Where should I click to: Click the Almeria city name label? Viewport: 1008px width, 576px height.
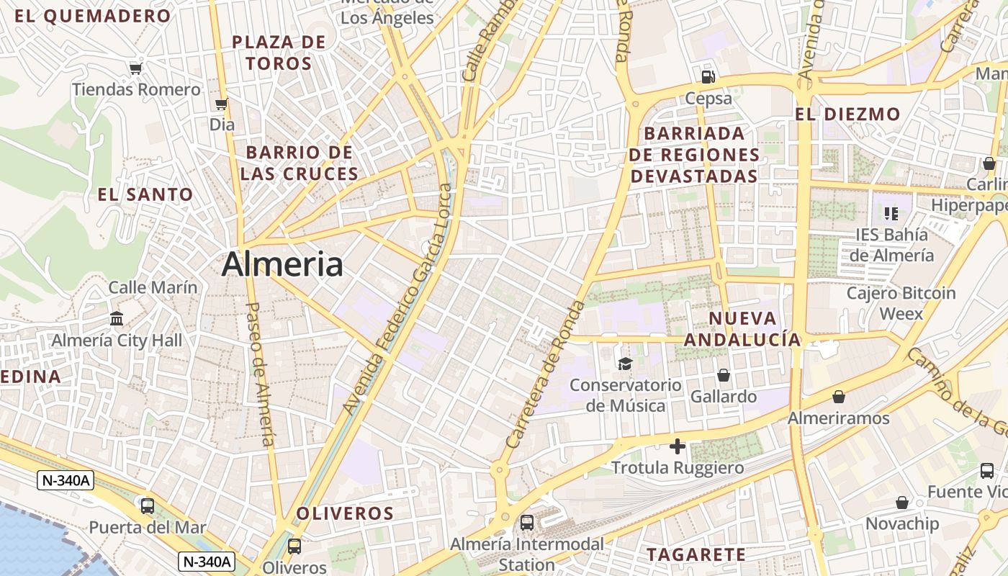click(x=282, y=264)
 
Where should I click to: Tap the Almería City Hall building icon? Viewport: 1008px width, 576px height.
click(x=117, y=318)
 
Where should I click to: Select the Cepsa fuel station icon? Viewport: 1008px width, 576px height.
click(x=708, y=76)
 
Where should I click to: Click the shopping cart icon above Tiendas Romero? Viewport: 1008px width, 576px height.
click(x=135, y=68)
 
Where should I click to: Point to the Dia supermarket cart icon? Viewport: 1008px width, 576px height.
click(x=222, y=104)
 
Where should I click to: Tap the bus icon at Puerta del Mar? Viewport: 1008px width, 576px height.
click(x=148, y=505)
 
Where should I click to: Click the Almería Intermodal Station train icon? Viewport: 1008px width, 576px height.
click(x=527, y=523)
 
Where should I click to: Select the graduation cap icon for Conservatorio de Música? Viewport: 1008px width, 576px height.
click(x=625, y=364)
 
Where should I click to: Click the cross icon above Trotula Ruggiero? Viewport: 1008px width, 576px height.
click(x=677, y=446)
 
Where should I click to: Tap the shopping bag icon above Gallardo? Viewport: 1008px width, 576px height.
click(x=724, y=375)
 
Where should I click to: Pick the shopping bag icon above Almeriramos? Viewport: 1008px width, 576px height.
click(x=839, y=397)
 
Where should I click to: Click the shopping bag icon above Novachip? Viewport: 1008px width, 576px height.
click(x=902, y=503)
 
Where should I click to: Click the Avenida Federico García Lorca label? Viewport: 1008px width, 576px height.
click(x=399, y=299)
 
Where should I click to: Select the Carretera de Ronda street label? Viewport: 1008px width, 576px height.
click(x=546, y=374)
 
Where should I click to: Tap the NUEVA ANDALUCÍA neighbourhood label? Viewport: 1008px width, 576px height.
click(x=743, y=329)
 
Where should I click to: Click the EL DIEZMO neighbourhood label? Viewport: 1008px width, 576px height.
click(x=847, y=114)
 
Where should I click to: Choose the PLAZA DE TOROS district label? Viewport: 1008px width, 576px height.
click(x=279, y=53)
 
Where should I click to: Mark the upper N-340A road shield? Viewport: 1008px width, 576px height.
click(x=66, y=481)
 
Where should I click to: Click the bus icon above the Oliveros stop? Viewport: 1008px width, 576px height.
click(x=294, y=546)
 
